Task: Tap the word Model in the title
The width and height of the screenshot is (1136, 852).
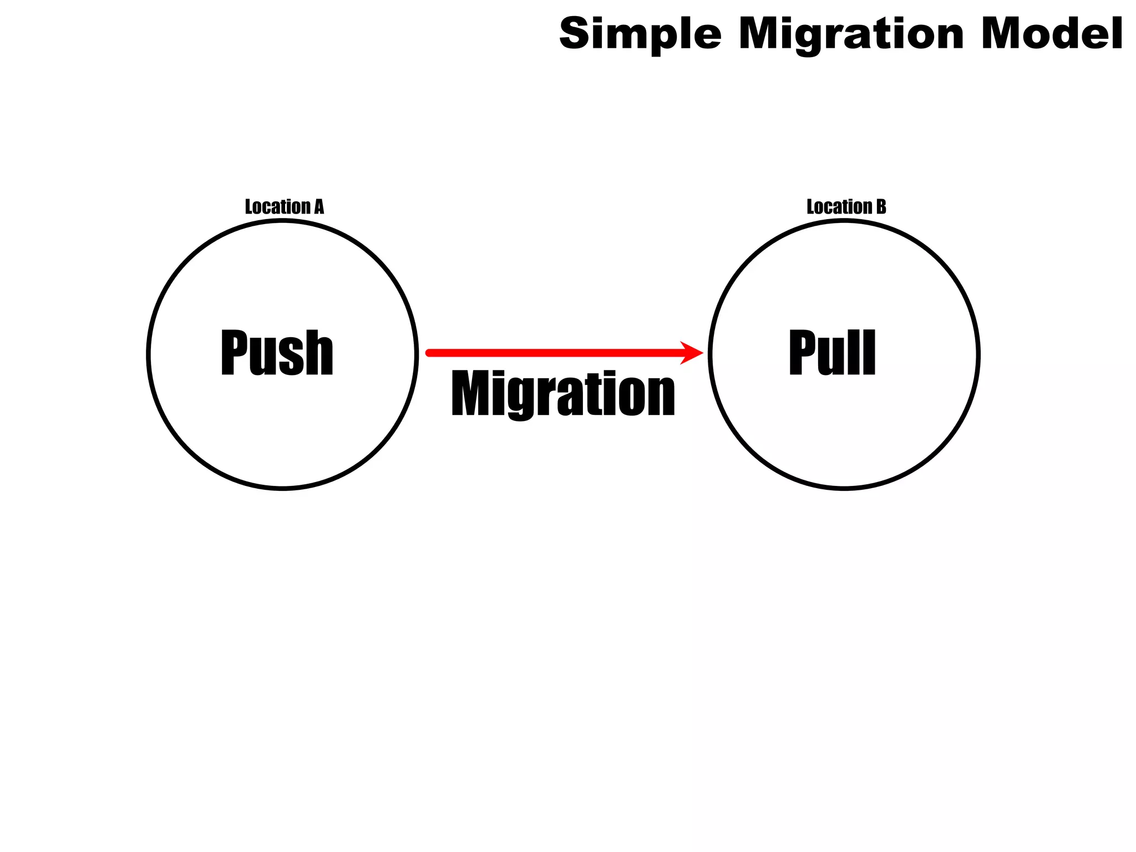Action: point(1052,33)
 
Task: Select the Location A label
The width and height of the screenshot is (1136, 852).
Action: point(284,207)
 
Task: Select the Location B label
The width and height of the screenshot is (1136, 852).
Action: point(846,207)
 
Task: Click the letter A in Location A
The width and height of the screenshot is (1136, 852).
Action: point(319,207)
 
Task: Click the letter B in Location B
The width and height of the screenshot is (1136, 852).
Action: point(881,207)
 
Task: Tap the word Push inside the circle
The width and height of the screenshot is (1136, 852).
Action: point(277,352)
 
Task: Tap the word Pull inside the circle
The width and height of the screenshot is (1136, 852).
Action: point(832,352)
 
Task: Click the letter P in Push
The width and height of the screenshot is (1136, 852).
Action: point(235,352)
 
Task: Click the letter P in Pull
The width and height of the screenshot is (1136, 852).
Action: point(803,352)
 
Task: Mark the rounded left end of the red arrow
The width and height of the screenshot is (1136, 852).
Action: point(429,353)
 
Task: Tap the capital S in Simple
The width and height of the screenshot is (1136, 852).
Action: point(577,33)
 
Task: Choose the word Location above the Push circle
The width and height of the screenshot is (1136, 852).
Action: point(277,207)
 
